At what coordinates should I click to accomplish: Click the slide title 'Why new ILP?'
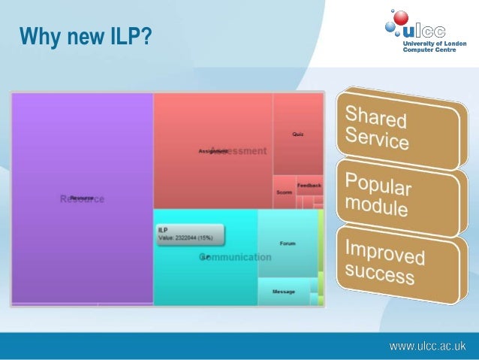tap(85, 35)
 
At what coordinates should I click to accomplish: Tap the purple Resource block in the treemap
tap(81, 198)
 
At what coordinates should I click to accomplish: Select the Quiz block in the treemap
tap(297, 134)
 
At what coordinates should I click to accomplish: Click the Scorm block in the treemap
tap(284, 192)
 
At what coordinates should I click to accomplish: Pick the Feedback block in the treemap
tap(309, 185)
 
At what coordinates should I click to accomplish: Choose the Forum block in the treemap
tap(287, 244)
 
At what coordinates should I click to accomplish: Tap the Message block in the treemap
tap(284, 292)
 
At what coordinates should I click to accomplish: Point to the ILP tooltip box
tap(189, 234)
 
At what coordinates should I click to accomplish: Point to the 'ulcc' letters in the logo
tap(423, 31)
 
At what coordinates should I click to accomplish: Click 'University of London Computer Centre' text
tap(434, 47)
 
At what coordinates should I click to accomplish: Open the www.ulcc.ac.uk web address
tap(427, 346)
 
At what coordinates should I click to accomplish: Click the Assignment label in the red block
tap(212, 151)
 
